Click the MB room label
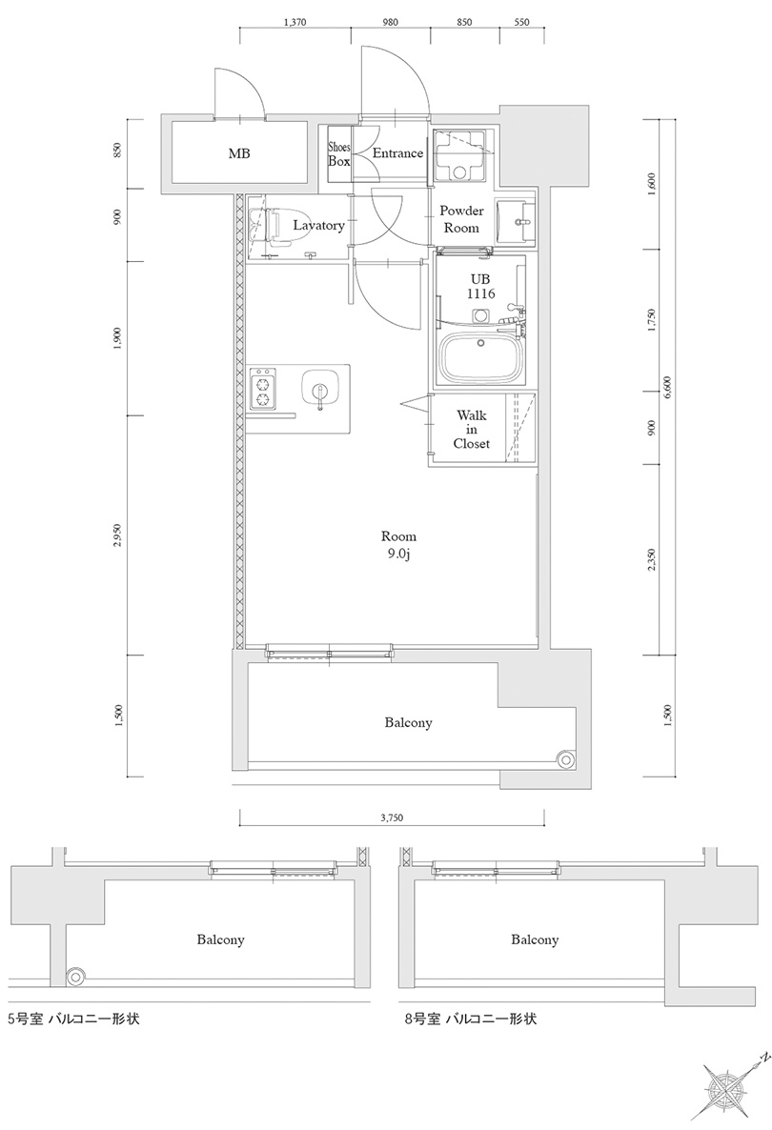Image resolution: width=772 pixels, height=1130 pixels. [x=238, y=153]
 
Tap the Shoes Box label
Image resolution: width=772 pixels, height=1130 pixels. [x=339, y=154]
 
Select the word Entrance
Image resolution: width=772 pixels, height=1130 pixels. [x=396, y=153]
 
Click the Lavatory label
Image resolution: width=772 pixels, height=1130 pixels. [x=318, y=226]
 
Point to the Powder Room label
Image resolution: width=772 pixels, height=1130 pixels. [x=461, y=219]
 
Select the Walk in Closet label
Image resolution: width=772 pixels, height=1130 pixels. [x=471, y=430]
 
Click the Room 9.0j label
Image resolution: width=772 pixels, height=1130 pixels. [x=398, y=545]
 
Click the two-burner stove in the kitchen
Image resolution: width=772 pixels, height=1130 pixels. [x=262, y=387]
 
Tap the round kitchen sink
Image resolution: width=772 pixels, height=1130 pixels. [x=318, y=389]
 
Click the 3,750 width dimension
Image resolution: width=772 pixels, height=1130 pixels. [x=392, y=817]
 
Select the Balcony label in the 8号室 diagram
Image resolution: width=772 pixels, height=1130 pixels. [x=534, y=940]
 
